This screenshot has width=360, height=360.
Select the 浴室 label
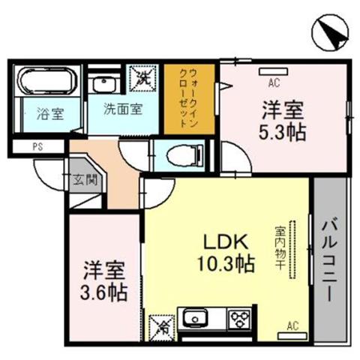50,114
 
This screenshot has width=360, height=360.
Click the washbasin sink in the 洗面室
103,83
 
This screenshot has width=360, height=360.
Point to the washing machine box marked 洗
142,78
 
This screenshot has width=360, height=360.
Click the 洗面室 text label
123,109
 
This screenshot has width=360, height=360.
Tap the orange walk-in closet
189,99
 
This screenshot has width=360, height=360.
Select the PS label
37,146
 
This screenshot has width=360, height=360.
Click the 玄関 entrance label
85,179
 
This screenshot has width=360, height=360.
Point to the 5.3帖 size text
282,132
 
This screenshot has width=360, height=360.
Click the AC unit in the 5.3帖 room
273,71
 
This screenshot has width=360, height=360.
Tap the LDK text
226,241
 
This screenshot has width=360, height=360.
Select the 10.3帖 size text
226,263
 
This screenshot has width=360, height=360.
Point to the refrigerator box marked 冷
162,328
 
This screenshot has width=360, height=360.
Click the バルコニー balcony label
330,261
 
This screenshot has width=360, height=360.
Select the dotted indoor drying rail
292,250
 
